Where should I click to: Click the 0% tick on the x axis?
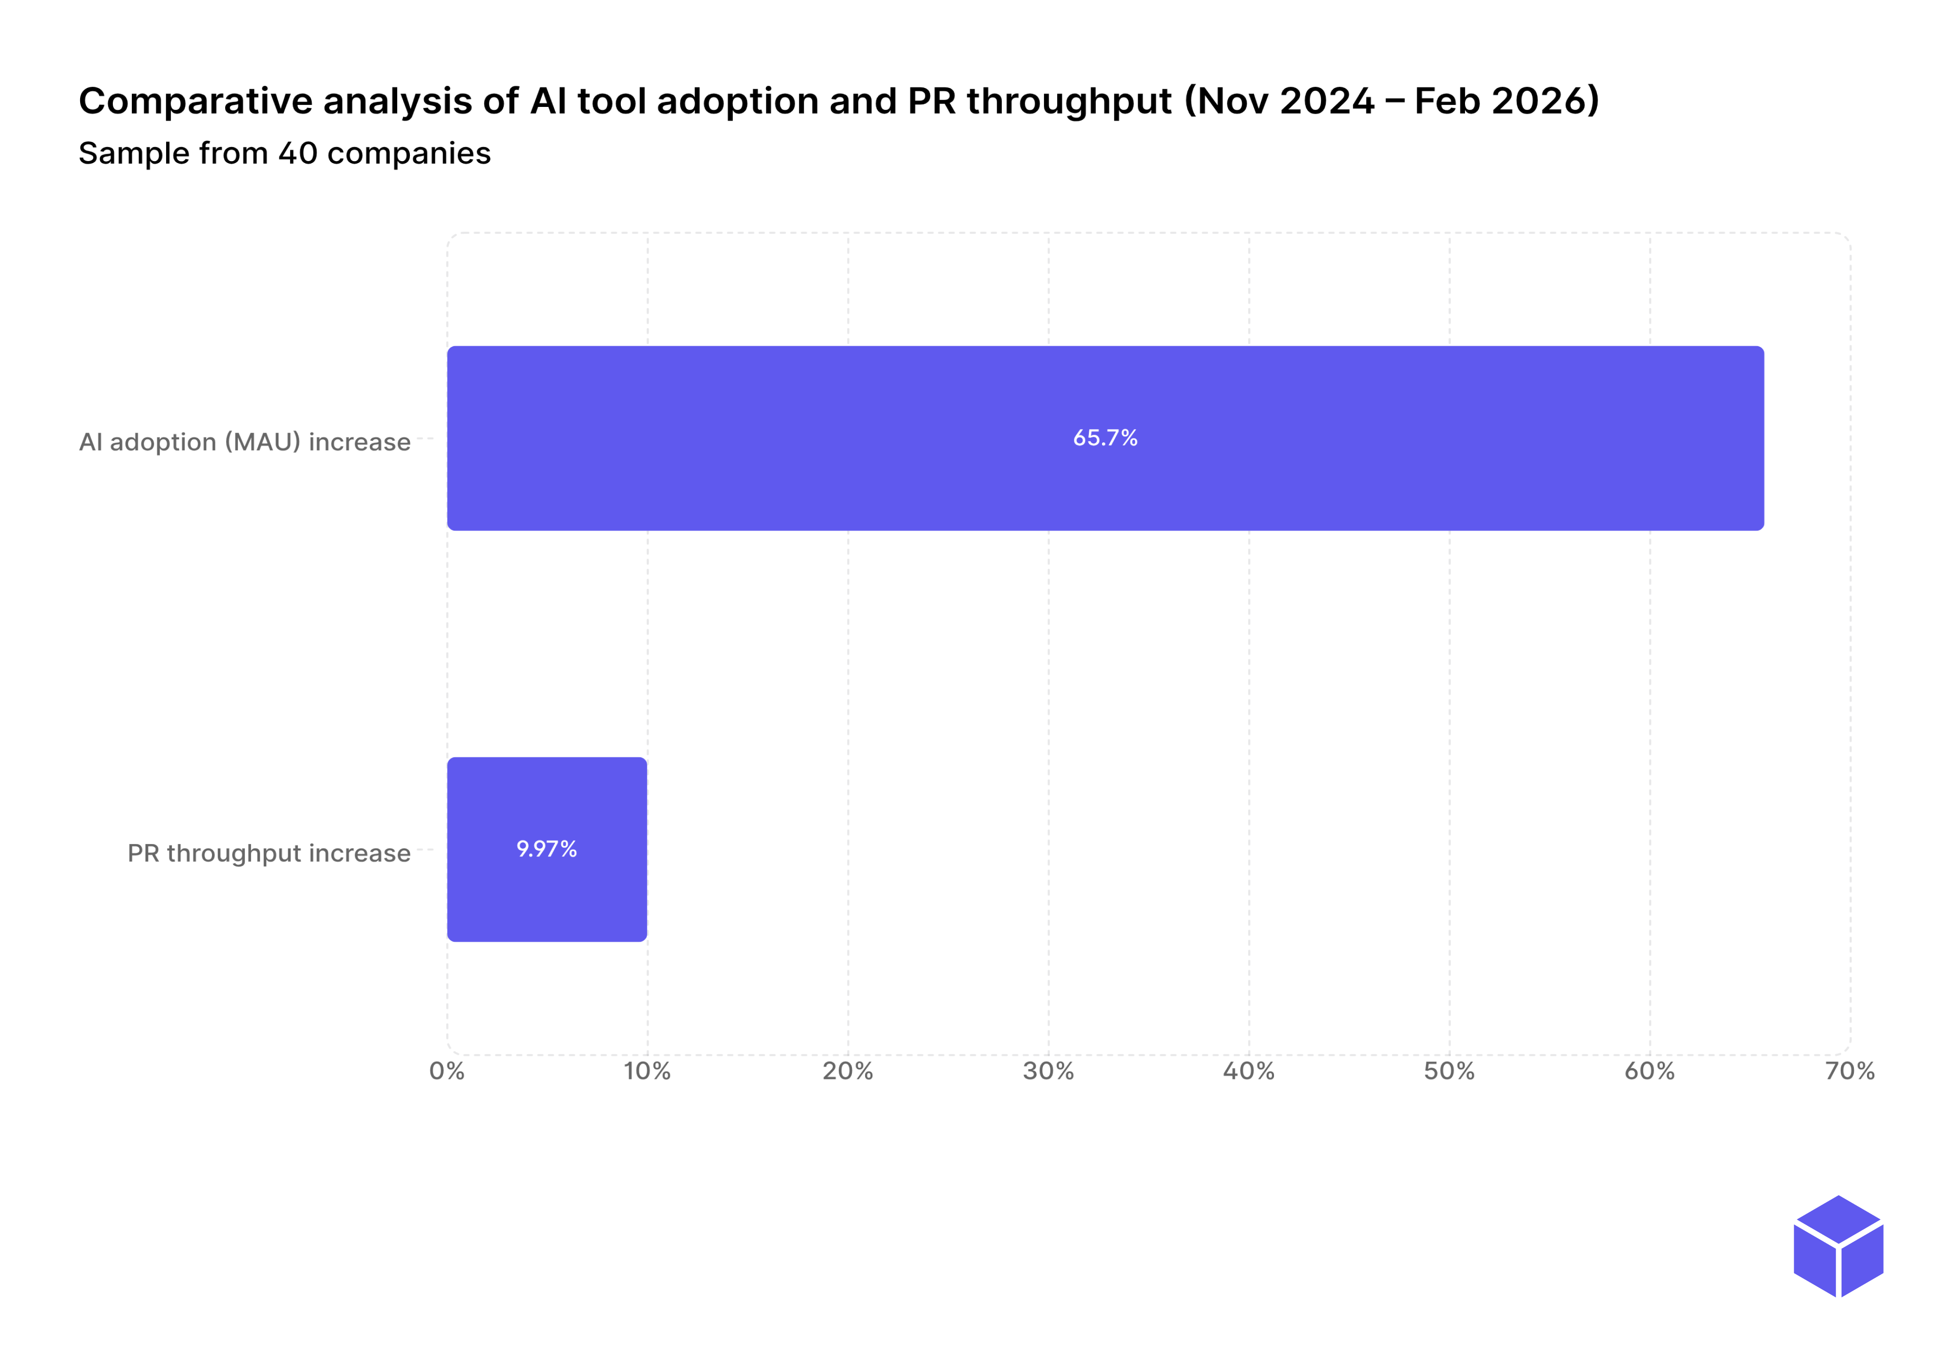click(x=447, y=1071)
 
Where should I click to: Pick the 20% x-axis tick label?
click(x=848, y=1071)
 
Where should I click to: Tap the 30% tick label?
click(x=1048, y=1071)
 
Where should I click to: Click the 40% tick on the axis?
click(x=1249, y=1071)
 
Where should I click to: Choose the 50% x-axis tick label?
click(x=1449, y=1071)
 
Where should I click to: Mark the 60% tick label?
click(x=1649, y=1071)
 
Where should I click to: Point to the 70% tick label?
click(x=1849, y=1071)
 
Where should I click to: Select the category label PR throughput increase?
click(x=269, y=853)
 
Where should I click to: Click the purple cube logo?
click(x=1838, y=1246)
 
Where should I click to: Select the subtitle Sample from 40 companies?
click(x=284, y=154)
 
